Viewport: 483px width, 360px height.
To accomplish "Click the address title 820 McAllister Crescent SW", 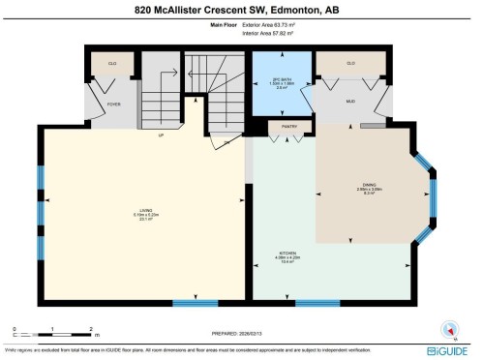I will [x=241, y=10].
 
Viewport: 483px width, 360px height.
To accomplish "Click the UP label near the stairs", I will [x=162, y=135].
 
